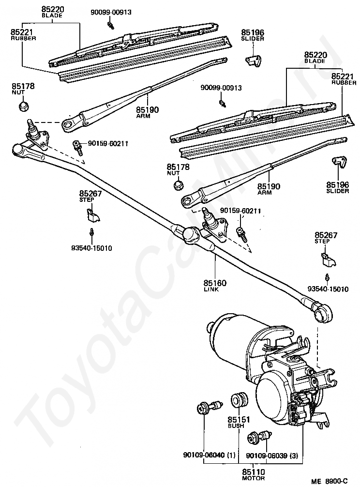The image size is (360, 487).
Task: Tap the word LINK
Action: pyautogui.click(x=211, y=289)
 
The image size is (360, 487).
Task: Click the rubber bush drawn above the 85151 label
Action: pyautogui.click(x=239, y=400)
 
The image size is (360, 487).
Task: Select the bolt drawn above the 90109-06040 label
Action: pyautogui.click(x=209, y=407)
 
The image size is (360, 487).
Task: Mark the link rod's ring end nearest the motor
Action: pyautogui.click(x=320, y=313)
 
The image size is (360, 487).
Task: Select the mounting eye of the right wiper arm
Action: pyautogui.click(x=187, y=200)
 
